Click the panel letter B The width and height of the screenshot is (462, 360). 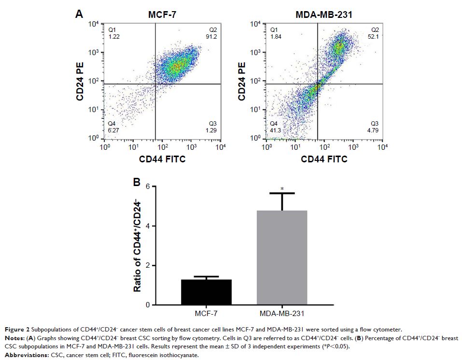137,183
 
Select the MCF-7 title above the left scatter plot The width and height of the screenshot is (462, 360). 162,15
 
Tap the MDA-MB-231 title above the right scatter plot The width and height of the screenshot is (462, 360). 324,15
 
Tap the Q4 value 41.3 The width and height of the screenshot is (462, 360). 275,130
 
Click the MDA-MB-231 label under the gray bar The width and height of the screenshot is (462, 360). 282,314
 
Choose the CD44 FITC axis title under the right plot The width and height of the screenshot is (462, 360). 324,159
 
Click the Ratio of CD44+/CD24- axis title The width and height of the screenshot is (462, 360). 138,246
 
